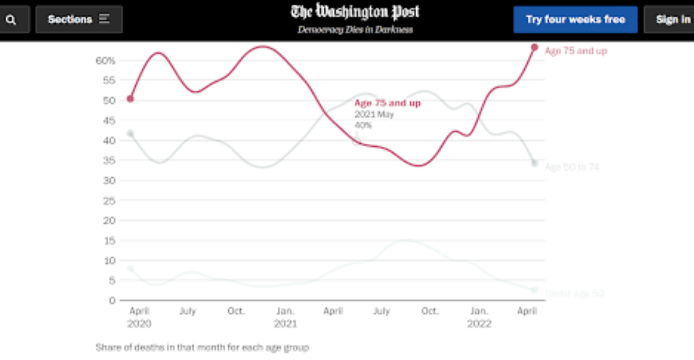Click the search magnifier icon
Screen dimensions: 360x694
[11, 20]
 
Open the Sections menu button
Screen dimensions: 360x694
[79, 19]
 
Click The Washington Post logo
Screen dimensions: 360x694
[355, 12]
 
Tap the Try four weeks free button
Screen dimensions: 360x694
[575, 19]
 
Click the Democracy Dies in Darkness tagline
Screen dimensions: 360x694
[355, 30]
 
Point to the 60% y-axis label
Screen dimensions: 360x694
[105, 61]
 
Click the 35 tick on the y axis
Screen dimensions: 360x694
[109, 160]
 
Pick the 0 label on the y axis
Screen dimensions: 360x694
[112, 301]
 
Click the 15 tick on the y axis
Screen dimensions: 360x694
[109, 241]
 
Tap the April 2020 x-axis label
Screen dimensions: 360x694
[139, 317]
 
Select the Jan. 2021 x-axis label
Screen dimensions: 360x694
[285, 317]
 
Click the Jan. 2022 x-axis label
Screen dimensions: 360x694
[479, 317]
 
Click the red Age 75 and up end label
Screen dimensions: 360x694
[575, 51]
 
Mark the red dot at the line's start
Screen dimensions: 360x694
[130, 99]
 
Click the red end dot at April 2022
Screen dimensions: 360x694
[535, 47]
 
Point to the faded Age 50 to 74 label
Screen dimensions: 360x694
[572, 167]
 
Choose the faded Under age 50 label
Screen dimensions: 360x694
[574, 294]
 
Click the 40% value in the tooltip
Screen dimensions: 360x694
[363, 125]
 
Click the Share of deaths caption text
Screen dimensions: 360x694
[202, 347]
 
